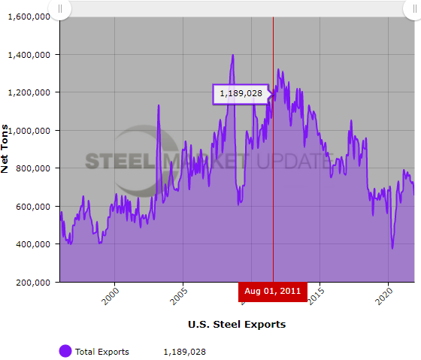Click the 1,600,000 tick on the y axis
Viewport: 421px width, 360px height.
pos(29,17)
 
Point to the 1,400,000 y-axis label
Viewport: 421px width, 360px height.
pos(29,55)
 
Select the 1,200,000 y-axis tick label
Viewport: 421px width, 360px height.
pos(29,92)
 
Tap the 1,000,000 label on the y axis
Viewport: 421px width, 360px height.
pos(29,131)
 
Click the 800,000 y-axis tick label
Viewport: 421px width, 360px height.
pos(34,168)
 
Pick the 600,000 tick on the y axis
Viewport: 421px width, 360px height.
pos(34,207)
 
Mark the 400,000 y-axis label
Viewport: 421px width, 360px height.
pos(34,244)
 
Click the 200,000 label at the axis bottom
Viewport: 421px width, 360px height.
pos(34,283)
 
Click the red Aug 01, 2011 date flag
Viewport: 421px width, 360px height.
pos(273,291)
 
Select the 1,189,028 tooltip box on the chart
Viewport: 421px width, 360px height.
pos(241,94)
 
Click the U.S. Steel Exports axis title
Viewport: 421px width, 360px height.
pos(236,325)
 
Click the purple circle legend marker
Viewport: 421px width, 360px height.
pos(65,352)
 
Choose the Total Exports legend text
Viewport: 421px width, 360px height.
pos(102,352)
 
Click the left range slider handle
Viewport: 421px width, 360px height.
pos(60,9)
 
